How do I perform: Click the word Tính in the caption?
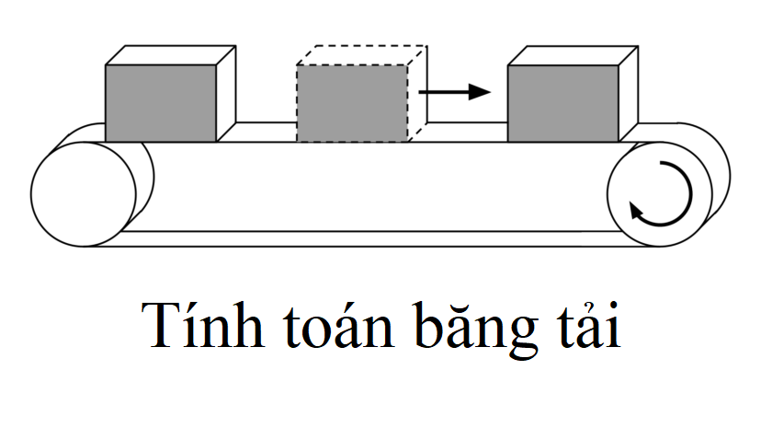click(x=203, y=324)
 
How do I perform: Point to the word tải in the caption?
click(x=589, y=324)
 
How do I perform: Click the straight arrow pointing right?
click(x=455, y=92)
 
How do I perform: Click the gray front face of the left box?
click(x=161, y=103)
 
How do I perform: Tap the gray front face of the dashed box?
click(x=352, y=103)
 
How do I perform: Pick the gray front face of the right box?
click(x=563, y=103)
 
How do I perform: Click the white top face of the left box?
click(x=171, y=55)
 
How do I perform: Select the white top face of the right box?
click(x=574, y=55)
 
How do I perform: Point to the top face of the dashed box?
click(x=362, y=55)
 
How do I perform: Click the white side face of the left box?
click(x=226, y=93)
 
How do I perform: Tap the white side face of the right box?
click(x=629, y=93)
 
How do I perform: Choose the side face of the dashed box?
click(x=417, y=93)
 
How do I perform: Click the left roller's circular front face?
click(x=84, y=194)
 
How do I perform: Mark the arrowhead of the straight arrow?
click(x=480, y=92)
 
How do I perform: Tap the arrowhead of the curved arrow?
click(x=636, y=211)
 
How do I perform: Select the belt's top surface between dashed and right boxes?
click(x=468, y=133)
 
